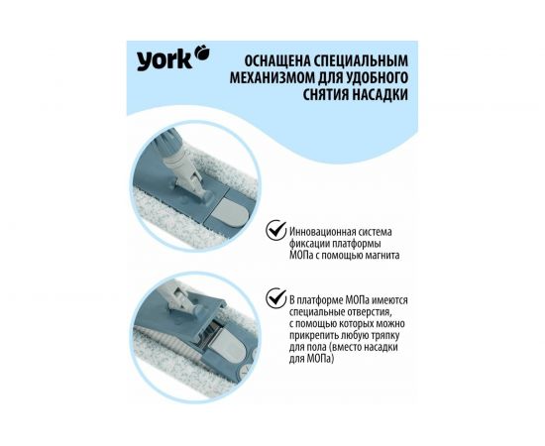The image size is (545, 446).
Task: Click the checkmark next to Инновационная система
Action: tap(273, 230)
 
